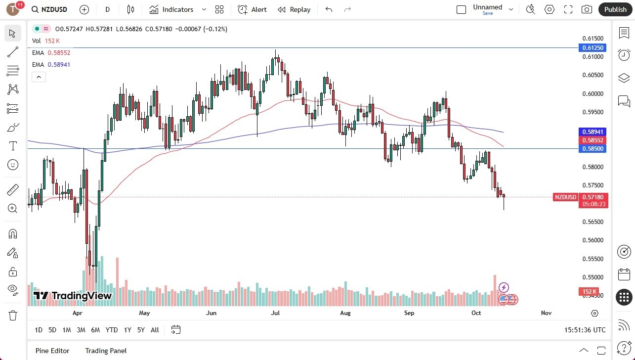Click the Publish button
coord(615,9)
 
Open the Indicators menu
coord(172,9)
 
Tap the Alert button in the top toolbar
coord(252,9)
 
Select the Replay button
coord(294,9)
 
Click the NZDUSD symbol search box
coord(49,9)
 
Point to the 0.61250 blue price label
coord(592,48)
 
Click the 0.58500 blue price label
coord(592,148)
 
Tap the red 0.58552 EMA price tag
coord(592,140)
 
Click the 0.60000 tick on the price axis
coord(592,94)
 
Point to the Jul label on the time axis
coord(275,313)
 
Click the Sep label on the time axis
coord(409,313)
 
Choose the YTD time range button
coord(112,330)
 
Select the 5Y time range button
coord(141,330)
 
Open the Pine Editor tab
coord(52,351)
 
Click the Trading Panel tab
coord(106,351)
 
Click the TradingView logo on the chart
coord(73,296)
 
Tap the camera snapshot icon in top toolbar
coord(587,9)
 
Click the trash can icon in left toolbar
coord(13,315)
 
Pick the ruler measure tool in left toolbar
coord(13,189)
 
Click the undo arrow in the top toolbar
coord(329,9)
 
